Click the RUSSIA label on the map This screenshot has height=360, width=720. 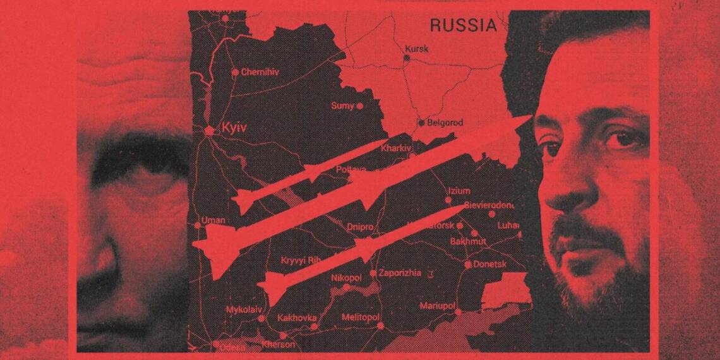click(x=463, y=25)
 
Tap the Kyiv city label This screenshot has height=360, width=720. click(x=233, y=128)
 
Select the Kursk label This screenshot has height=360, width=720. click(x=416, y=48)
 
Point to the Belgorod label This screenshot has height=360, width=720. click(x=446, y=123)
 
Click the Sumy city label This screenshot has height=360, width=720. click(x=342, y=105)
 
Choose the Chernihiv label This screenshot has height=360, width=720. click(x=260, y=72)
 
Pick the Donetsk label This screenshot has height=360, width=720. click(x=491, y=265)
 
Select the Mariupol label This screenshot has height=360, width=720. click(x=437, y=306)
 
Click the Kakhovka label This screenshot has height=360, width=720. click(x=296, y=318)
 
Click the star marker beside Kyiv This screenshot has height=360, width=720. click(x=210, y=129)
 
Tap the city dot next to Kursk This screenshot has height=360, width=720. click(x=407, y=57)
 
